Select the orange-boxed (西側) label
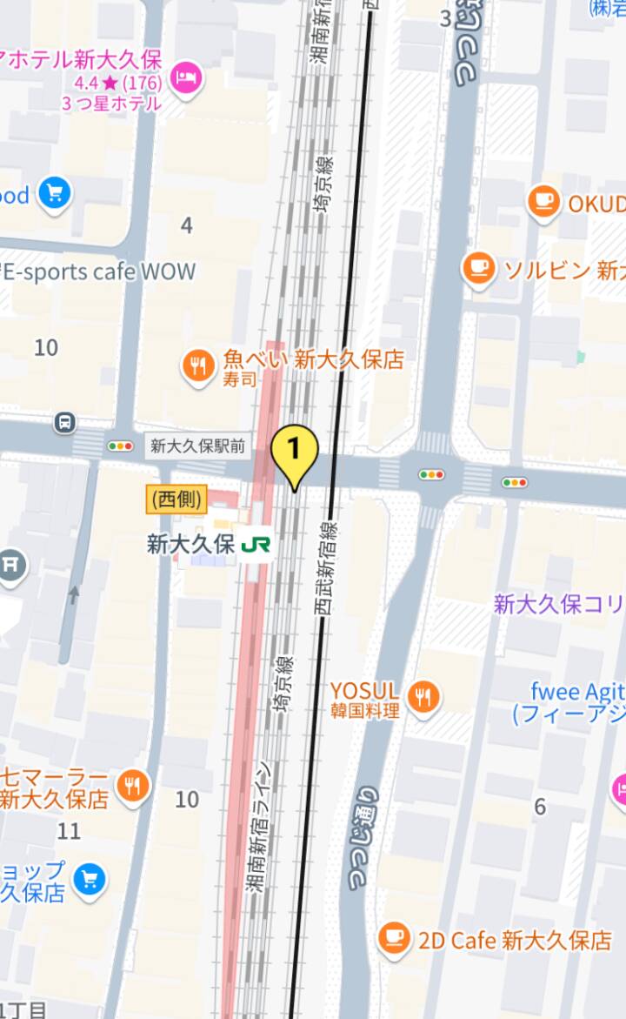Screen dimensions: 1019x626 [x=176, y=499]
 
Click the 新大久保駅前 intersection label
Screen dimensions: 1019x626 [x=197, y=446]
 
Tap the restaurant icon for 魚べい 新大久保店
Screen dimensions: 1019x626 [x=198, y=366]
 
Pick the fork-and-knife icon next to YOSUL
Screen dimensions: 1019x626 [x=423, y=696]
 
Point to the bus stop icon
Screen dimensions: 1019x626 [x=65, y=423]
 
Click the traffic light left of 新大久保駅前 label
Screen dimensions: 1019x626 [x=120, y=446]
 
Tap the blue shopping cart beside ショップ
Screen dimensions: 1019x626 [x=89, y=880]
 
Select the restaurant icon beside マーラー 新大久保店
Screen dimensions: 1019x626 [x=132, y=787]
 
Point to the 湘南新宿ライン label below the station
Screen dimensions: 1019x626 [x=260, y=827]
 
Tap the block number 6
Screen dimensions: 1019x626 [x=540, y=807]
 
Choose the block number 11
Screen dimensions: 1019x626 [x=69, y=831]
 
